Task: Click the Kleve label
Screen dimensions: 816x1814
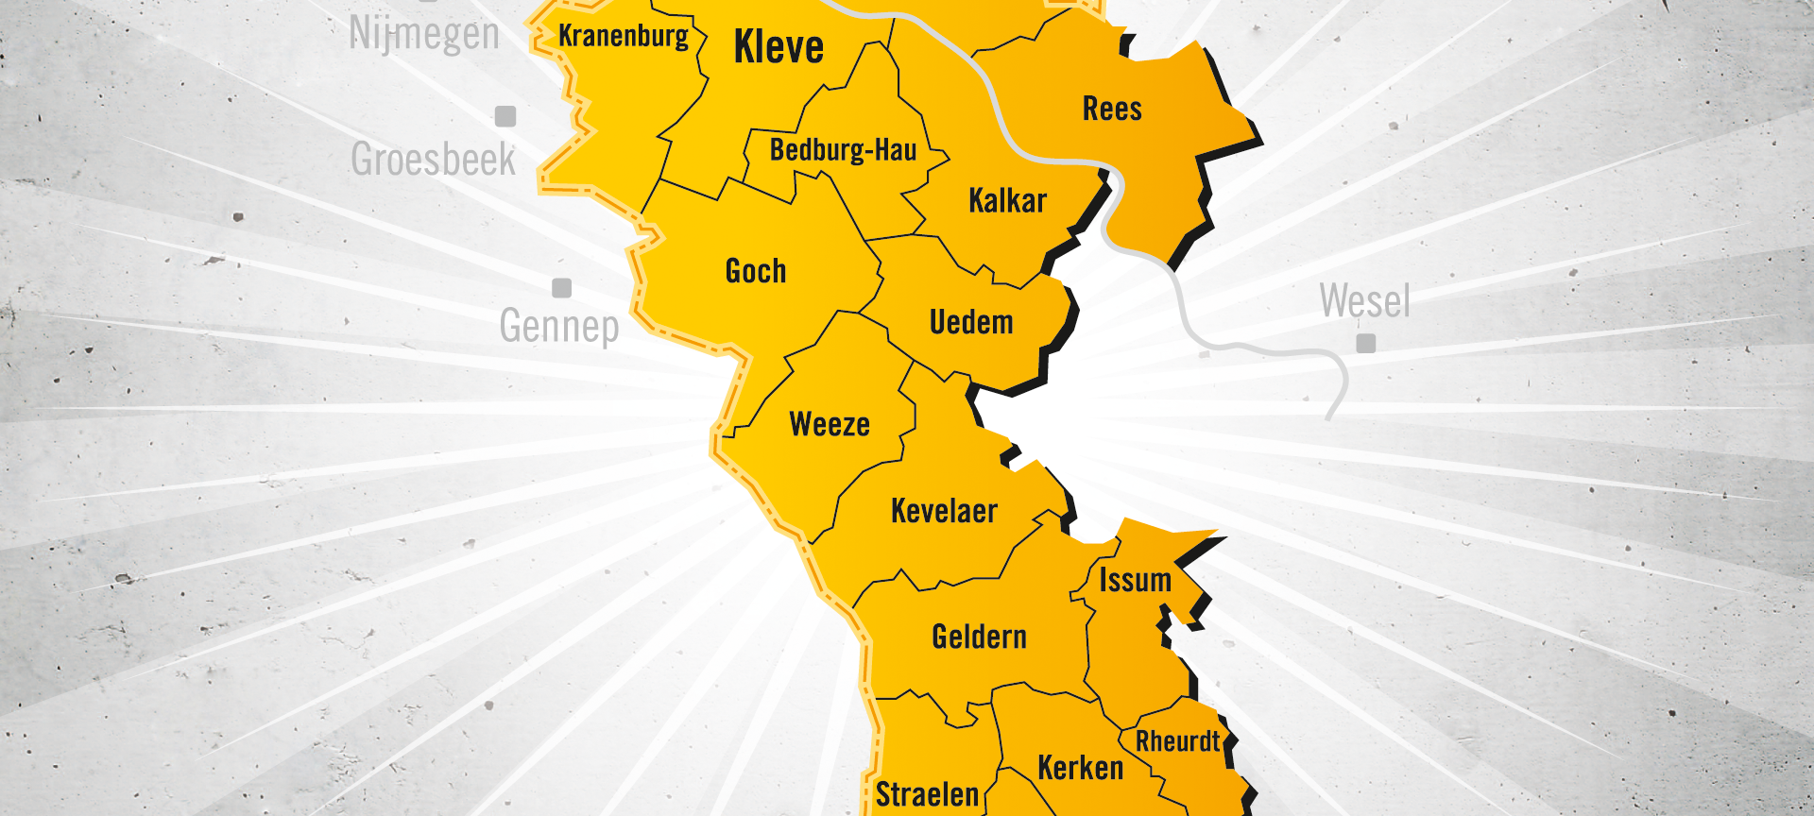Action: [x=779, y=47]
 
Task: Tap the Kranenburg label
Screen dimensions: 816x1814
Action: [x=624, y=36]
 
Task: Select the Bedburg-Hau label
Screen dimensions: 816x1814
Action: [x=843, y=150]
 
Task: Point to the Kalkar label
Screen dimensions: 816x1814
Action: [x=1007, y=200]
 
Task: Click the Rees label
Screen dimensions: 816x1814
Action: [x=1112, y=110]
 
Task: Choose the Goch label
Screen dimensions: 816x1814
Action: [x=756, y=271]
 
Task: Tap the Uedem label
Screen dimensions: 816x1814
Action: [x=971, y=322]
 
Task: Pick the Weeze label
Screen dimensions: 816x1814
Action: [x=830, y=424]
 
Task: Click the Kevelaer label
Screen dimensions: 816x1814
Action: [x=944, y=511]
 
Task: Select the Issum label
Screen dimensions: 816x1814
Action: [x=1135, y=580]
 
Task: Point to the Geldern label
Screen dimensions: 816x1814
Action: [x=979, y=637]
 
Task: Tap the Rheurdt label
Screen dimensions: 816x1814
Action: [x=1177, y=741]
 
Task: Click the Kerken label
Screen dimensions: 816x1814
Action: [x=1081, y=768]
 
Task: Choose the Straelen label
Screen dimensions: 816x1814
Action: [x=927, y=795]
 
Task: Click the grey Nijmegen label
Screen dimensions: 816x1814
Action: [x=424, y=34]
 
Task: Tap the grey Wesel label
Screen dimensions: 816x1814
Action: [x=1365, y=301]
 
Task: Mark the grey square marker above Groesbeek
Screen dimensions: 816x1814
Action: [x=506, y=116]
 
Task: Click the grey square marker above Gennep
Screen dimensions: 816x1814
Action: [x=562, y=288]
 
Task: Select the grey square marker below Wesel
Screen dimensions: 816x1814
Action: [x=1365, y=343]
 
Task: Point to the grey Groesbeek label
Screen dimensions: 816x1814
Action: [x=434, y=159]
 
